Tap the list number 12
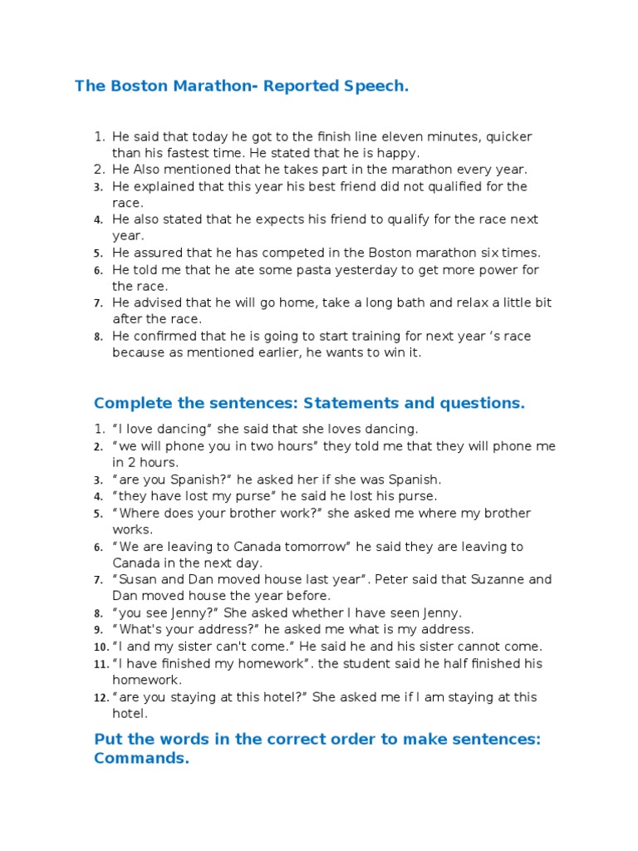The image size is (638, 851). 101,697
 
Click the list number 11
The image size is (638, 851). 101,664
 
